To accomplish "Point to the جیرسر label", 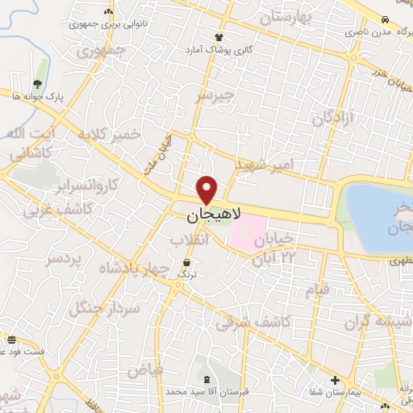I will [x=215, y=96].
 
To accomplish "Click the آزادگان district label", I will [x=333, y=118].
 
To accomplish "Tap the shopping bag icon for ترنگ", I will [x=187, y=263].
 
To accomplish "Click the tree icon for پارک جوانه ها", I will [x=38, y=83].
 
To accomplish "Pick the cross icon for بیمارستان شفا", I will [x=336, y=379].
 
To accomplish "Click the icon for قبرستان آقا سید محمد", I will [x=210, y=378].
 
